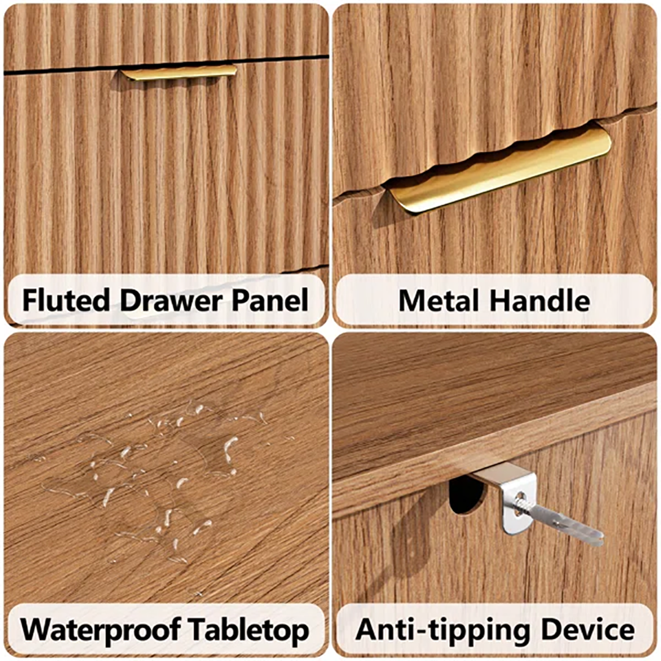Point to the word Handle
click(x=540, y=301)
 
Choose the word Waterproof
click(x=100, y=630)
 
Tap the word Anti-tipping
click(x=443, y=630)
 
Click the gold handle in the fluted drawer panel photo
click(x=179, y=72)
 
